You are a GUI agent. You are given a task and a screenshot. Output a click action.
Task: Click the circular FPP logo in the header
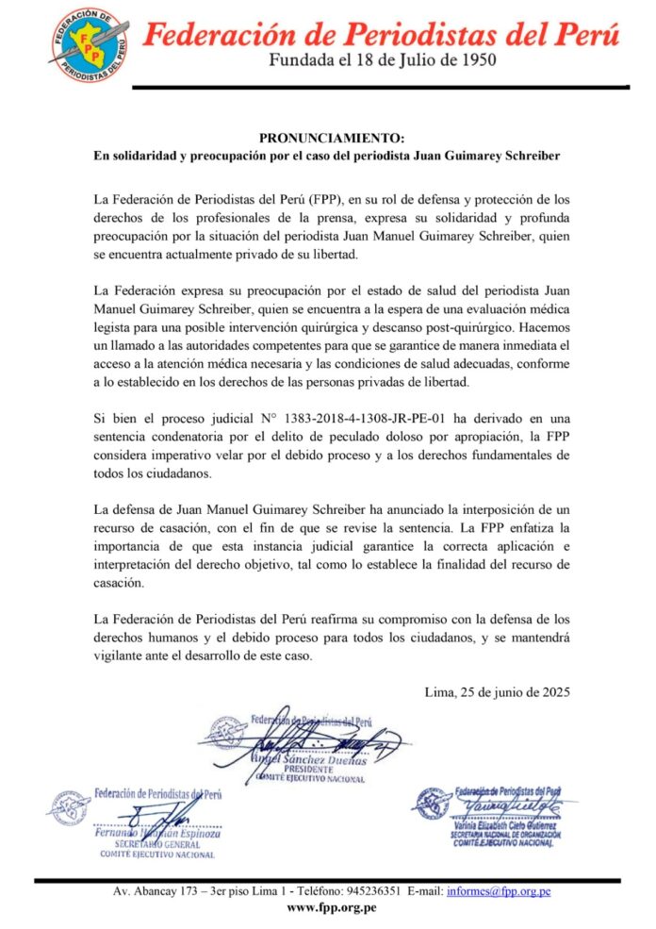[x=89, y=43]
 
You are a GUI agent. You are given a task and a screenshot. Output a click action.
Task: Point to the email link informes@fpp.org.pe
[x=499, y=890]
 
